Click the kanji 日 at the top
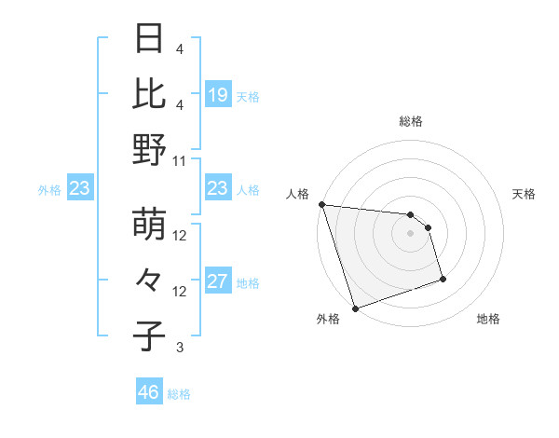[150, 39]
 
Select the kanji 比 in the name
[150, 94]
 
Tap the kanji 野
[150, 149]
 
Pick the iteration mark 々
[150, 281]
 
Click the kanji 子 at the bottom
[150, 335]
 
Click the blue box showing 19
[218, 94]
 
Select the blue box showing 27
[218, 281]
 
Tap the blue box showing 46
[149, 392]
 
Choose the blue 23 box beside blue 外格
[80, 189]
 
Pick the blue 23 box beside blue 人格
[218, 189]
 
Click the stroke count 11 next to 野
[180, 160]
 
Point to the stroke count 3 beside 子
[180, 348]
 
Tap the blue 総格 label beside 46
[179, 394]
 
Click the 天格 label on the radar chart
[524, 194]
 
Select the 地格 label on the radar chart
[488, 319]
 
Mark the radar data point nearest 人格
[321, 204]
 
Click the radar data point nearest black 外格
[355, 308]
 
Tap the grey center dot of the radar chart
[410, 232]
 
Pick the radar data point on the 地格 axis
[443, 278]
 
